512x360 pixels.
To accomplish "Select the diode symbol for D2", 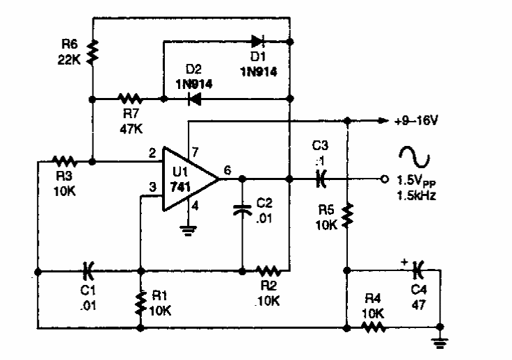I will [x=194, y=99].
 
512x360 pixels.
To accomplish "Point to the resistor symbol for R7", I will [x=129, y=99].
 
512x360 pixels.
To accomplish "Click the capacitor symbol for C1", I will [x=88, y=269].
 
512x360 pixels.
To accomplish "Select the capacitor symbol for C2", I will [x=241, y=210].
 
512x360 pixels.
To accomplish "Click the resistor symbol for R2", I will [x=267, y=269].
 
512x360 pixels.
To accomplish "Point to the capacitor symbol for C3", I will [x=319, y=179].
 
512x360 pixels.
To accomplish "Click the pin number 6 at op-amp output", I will [x=227, y=169].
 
